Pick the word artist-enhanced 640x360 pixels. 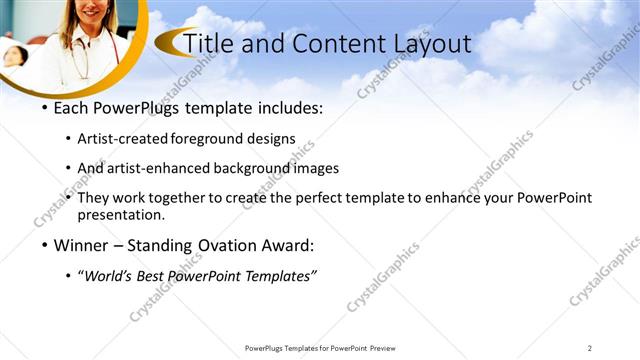click(155, 168)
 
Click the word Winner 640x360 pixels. click(80, 245)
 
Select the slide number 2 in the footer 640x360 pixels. click(590, 348)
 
